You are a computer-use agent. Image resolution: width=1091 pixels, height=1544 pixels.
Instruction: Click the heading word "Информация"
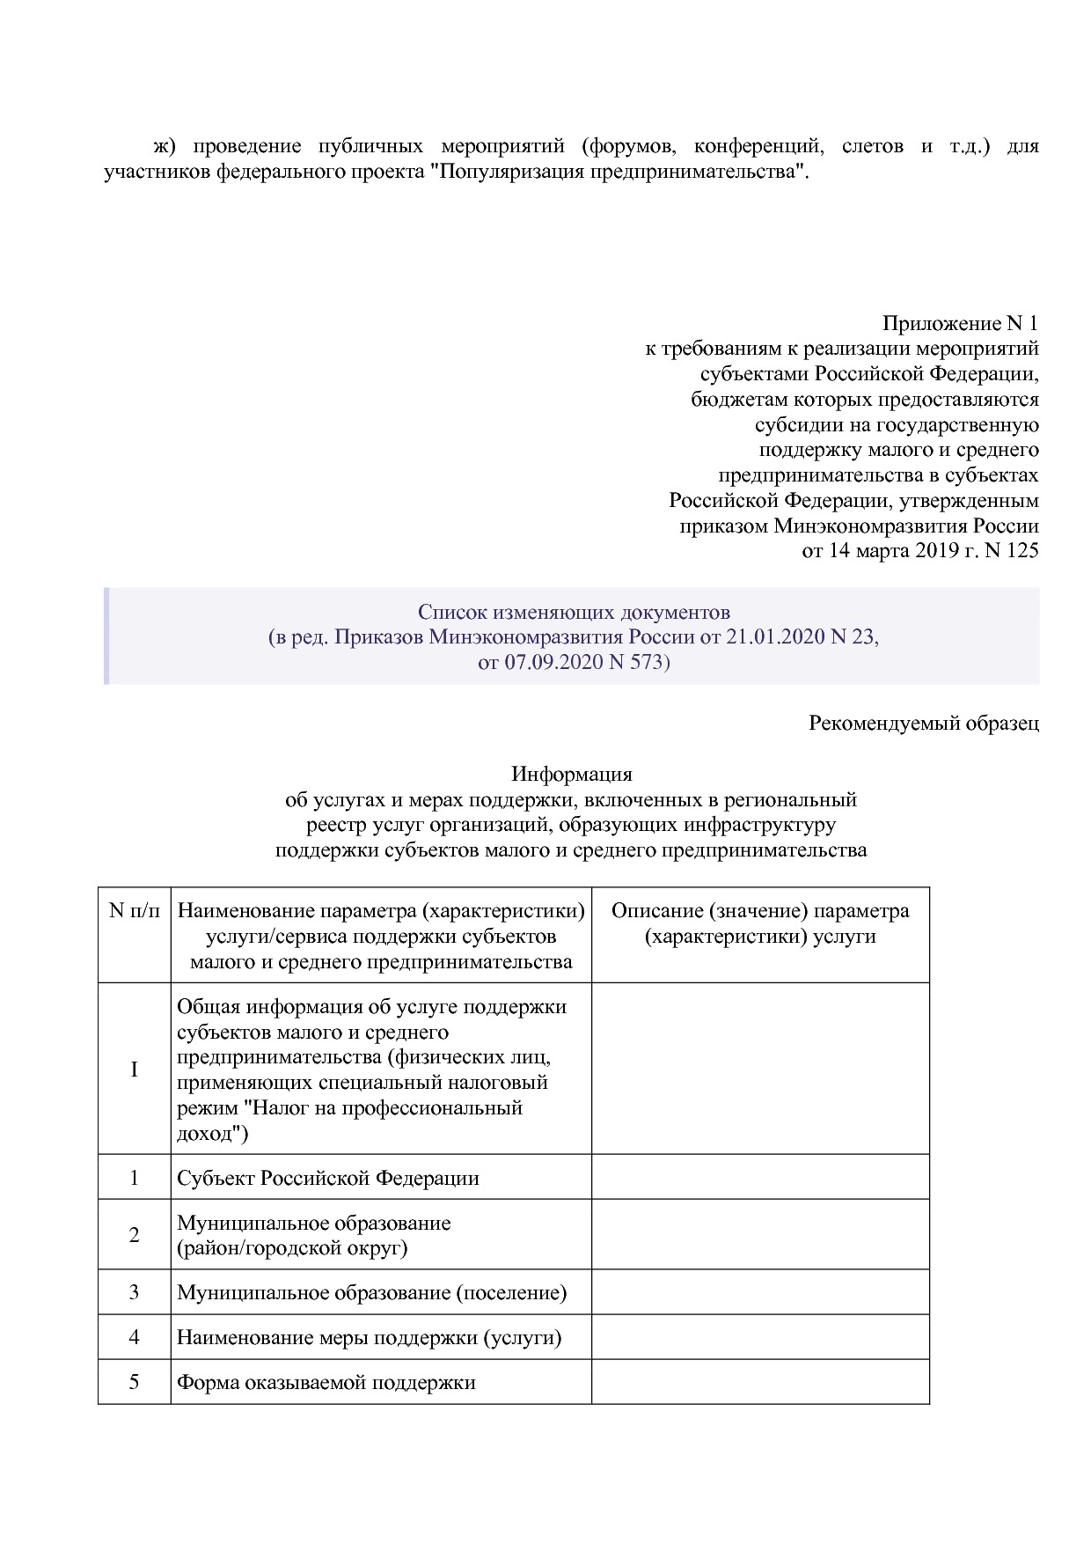click(572, 775)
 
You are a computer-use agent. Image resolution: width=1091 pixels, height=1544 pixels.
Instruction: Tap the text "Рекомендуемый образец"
click(924, 724)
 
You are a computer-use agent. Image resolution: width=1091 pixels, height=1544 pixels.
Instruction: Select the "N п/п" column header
click(135, 911)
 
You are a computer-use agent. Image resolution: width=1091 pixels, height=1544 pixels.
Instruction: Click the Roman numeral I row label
click(135, 1070)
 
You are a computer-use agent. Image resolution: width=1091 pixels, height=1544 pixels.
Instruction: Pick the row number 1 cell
click(135, 1178)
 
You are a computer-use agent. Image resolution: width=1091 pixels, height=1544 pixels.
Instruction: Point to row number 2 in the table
click(135, 1235)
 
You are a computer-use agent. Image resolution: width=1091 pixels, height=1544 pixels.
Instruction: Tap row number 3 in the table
click(135, 1292)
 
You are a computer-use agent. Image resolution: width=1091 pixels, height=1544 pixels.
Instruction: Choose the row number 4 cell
click(135, 1337)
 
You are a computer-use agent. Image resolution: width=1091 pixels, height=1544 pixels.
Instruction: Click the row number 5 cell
click(135, 1382)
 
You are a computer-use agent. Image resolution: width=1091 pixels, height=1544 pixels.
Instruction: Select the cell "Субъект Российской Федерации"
click(328, 1178)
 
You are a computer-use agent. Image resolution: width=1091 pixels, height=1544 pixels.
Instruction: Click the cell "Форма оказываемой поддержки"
click(326, 1382)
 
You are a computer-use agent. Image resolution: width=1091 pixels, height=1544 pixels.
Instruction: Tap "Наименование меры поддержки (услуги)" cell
click(370, 1338)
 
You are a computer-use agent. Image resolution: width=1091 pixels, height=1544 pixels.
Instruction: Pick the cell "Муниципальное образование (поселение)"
click(372, 1292)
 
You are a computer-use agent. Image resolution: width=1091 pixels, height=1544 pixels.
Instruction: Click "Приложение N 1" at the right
click(960, 324)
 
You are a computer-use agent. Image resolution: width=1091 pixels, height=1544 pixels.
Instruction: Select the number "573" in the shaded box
click(647, 661)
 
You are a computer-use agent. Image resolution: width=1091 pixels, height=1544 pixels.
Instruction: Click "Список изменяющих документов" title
click(574, 612)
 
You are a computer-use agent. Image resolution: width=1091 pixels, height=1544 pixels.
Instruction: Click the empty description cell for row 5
click(760, 1382)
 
